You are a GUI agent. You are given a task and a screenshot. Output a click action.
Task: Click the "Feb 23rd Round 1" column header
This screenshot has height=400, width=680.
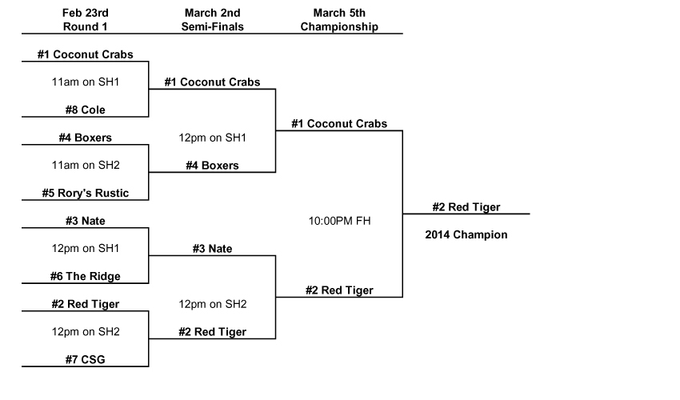click(85, 20)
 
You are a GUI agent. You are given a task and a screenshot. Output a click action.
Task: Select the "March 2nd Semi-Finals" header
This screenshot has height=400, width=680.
click(214, 20)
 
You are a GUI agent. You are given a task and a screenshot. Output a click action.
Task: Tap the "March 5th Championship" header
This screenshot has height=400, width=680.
click(339, 20)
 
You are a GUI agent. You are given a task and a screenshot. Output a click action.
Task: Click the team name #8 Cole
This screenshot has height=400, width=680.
click(85, 110)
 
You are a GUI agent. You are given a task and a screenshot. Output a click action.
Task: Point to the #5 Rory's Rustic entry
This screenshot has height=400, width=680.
click(85, 193)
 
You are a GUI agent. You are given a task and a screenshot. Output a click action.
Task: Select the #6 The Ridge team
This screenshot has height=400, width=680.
click(85, 276)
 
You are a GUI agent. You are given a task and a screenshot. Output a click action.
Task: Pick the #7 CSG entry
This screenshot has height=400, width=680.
click(85, 359)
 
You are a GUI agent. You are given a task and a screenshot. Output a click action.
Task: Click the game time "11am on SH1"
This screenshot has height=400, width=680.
click(85, 82)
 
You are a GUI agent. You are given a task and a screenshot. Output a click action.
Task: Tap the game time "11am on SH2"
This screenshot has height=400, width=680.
click(85, 165)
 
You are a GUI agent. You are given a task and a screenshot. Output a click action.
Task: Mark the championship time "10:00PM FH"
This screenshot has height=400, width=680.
click(339, 220)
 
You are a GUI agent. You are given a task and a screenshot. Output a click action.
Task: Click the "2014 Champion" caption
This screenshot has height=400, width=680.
click(466, 235)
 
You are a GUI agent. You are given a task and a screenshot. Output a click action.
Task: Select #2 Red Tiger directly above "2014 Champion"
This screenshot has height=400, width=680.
click(466, 207)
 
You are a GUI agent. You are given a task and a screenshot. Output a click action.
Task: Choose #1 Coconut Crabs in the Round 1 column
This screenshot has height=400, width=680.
click(85, 55)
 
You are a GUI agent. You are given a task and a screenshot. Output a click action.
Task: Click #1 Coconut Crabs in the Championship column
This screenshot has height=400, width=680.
click(339, 124)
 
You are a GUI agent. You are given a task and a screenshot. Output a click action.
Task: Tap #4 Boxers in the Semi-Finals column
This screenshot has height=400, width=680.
click(212, 166)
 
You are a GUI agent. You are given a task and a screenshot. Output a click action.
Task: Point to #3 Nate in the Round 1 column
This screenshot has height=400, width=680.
click(85, 221)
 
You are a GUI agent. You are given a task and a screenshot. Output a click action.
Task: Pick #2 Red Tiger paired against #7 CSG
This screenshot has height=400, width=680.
click(85, 304)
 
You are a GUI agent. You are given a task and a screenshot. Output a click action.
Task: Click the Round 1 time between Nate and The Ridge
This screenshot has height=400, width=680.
click(85, 248)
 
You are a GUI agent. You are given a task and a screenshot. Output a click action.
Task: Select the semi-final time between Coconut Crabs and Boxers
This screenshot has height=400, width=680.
click(212, 138)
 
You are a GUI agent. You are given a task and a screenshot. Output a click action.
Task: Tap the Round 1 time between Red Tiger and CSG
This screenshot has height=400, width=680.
click(85, 331)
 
